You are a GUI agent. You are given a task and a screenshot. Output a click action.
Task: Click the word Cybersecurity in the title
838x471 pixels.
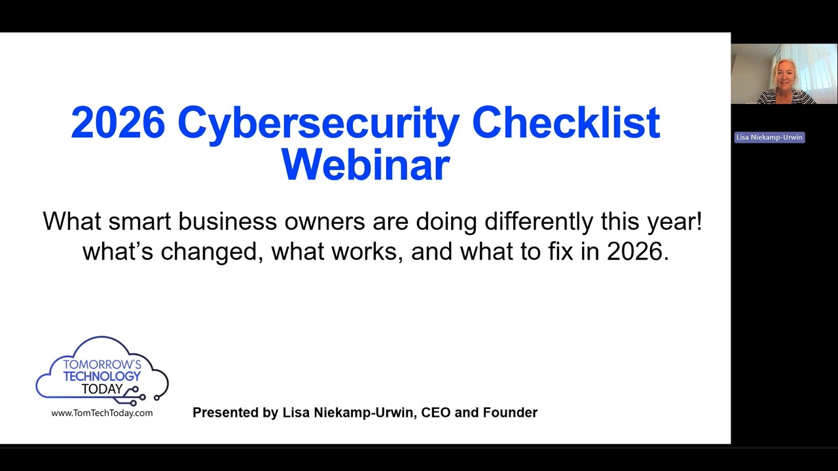pyautogui.click(x=318, y=123)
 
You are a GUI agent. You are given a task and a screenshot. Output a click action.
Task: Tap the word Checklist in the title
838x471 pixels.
pyautogui.click(x=566, y=123)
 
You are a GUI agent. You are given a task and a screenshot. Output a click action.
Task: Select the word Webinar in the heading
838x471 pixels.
pyautogui.click(x=365, y=165)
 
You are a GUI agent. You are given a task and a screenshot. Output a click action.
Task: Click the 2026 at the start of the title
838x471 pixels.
pyautogui.click(x=118, y=123)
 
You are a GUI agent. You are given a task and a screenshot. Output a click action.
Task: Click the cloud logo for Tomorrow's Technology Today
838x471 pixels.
pyautogui.click(x=102, y=369)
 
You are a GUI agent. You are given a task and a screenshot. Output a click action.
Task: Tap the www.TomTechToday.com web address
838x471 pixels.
pyautogui.click(x=102, y=413)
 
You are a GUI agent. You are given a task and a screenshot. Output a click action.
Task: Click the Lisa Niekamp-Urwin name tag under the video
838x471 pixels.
pyautogui.click(x=769, y=137)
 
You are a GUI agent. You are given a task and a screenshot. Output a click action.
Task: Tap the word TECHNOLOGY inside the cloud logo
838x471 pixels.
pyautogui.click(x=102, y=376)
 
